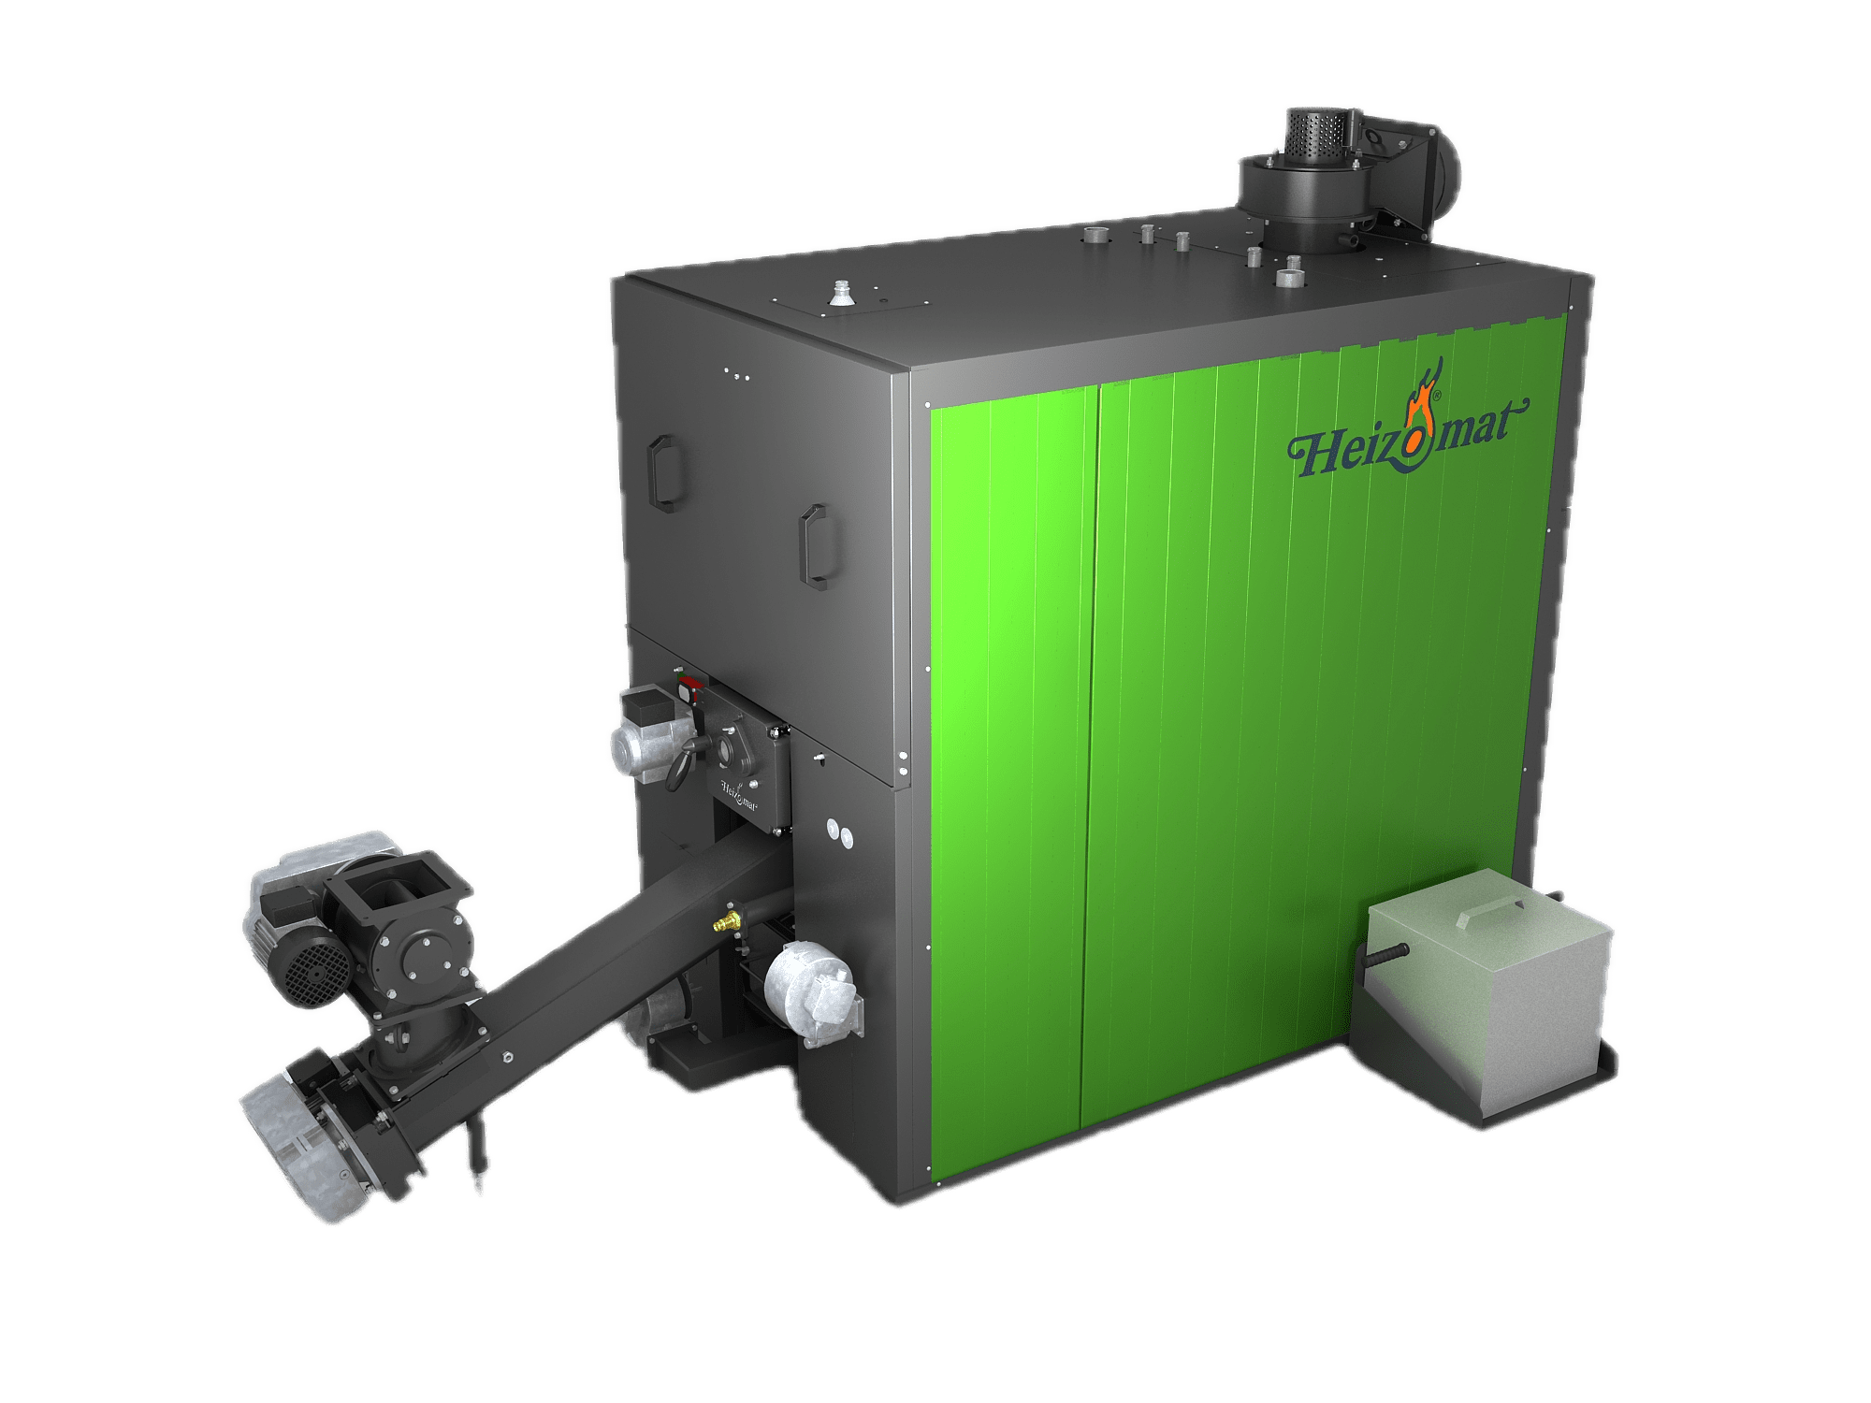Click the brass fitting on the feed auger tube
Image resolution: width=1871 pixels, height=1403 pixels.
click(726, 923)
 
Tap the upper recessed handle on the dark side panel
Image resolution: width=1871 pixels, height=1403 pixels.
click(665, 473)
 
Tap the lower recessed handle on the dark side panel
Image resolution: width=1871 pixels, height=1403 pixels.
click(816, 548)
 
